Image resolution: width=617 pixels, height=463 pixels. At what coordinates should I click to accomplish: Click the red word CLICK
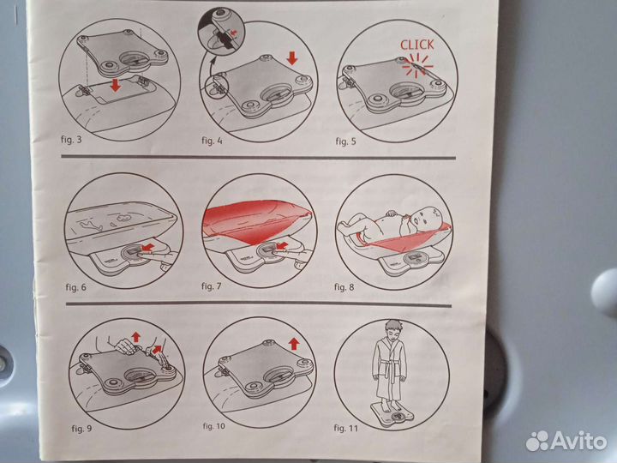(417, 45)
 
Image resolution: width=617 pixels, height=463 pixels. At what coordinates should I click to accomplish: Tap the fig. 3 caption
(71, 139)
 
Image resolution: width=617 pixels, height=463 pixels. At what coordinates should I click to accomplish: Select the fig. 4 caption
(212, 140)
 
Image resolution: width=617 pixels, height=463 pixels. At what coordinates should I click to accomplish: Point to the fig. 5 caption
(345, 141)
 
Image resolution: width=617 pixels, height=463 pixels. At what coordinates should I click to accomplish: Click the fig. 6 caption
(75, 287)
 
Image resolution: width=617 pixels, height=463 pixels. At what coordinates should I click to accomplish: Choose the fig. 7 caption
(212, 286)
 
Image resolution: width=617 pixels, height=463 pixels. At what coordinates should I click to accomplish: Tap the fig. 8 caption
(344, 287)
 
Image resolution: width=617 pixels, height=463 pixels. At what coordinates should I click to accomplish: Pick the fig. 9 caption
(81, 428)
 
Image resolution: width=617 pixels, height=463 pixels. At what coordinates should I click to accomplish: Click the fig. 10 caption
(214, 426)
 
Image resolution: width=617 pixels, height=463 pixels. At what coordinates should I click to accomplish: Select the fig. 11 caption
(346, 428)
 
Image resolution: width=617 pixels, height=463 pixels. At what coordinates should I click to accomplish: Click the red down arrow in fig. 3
(116, 85)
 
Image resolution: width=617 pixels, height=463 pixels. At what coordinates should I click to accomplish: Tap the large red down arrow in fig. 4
(292, 58)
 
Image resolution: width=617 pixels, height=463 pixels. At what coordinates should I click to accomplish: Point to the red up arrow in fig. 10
(294, 343)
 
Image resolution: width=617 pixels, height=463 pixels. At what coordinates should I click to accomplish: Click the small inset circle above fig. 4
(221, 30)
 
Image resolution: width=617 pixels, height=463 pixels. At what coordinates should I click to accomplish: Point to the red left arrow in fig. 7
(281, 246)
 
